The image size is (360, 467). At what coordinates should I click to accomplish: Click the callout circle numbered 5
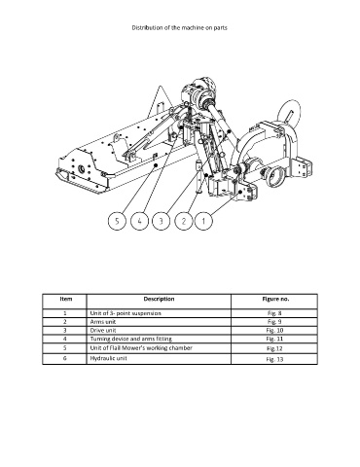point(117,221)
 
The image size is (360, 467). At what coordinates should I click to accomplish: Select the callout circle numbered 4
point(139,221)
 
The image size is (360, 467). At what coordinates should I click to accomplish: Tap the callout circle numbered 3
point(161,221)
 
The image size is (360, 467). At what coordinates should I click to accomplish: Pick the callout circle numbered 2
point(184,221)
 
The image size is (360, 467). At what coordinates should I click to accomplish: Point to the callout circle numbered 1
point(203,221)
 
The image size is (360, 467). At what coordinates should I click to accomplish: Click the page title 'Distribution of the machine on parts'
point(179,27)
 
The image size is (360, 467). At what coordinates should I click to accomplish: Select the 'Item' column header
point(66,299)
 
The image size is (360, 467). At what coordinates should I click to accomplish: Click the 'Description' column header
point(159,299)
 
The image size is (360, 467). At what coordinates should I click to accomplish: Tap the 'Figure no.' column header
point(275,299)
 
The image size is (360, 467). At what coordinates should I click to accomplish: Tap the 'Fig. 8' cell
point(274,313)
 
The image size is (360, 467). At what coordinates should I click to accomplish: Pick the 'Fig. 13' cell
point(274,359)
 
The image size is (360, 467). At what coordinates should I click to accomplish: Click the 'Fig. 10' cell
point(274,331)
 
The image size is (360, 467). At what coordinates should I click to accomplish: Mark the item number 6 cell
point(65,358)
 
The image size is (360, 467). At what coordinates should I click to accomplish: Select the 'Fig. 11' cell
point(274,339)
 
